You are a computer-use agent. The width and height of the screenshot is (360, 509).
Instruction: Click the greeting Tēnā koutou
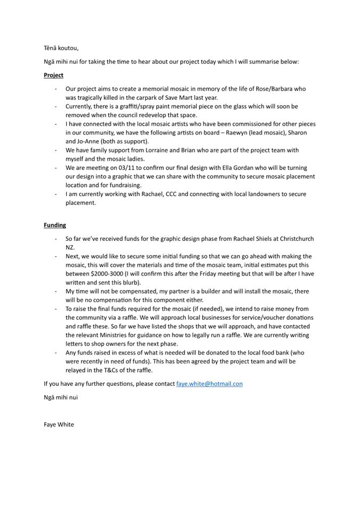point(61,48)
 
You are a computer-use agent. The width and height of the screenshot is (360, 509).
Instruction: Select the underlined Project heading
point(53,75)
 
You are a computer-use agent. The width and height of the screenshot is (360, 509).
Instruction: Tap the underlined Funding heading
point(54,225)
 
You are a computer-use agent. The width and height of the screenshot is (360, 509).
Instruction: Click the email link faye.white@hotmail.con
point(209,383)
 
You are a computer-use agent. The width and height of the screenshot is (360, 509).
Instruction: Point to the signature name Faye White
point(59,424)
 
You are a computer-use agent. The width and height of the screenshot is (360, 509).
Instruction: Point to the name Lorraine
point(151,150)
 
